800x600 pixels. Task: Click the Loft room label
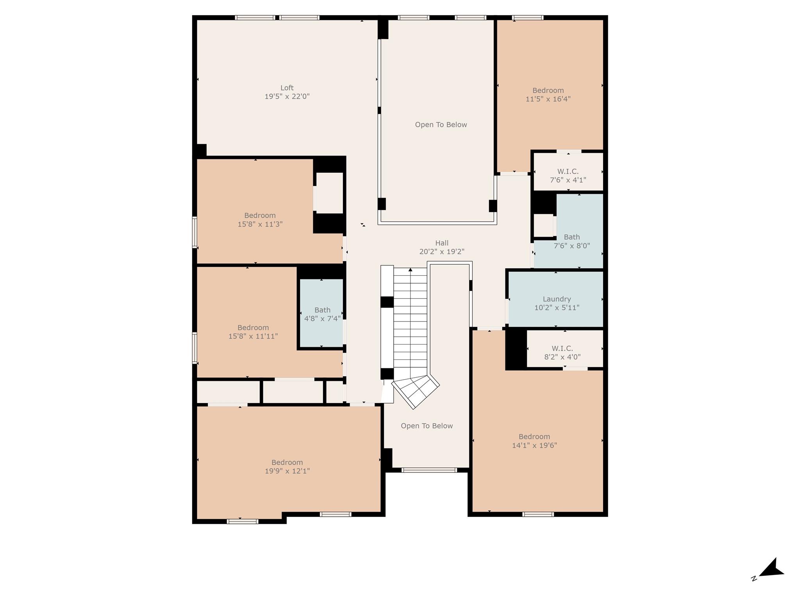coord(287,88)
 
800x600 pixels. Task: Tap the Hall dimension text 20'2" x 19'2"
coord(442,252)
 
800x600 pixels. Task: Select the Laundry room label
coord(557,299)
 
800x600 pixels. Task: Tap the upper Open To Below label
coord(441,125)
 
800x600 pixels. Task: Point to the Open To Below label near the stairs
coord(427,426)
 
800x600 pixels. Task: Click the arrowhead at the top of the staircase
coord(410,270)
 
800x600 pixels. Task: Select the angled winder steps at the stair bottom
coord(416,391)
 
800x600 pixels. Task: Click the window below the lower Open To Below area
coord(429,470)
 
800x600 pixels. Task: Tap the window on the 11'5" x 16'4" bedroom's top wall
coord(527,18)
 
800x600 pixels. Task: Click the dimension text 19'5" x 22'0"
coord(287,96)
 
